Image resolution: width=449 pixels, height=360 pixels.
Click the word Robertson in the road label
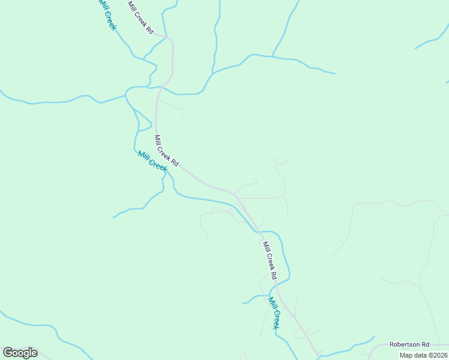(404, 344)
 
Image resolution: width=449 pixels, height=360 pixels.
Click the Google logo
(20, 353)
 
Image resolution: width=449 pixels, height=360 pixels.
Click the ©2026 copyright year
(439, 355)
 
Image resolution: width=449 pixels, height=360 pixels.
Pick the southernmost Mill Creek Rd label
(268, 260)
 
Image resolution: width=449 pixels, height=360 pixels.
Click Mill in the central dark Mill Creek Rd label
(157, 139)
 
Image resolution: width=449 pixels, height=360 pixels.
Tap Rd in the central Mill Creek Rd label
(174, 162)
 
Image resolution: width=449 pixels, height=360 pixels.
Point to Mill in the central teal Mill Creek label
(143, 155)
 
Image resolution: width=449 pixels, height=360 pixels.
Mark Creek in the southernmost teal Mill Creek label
(276, 318)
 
